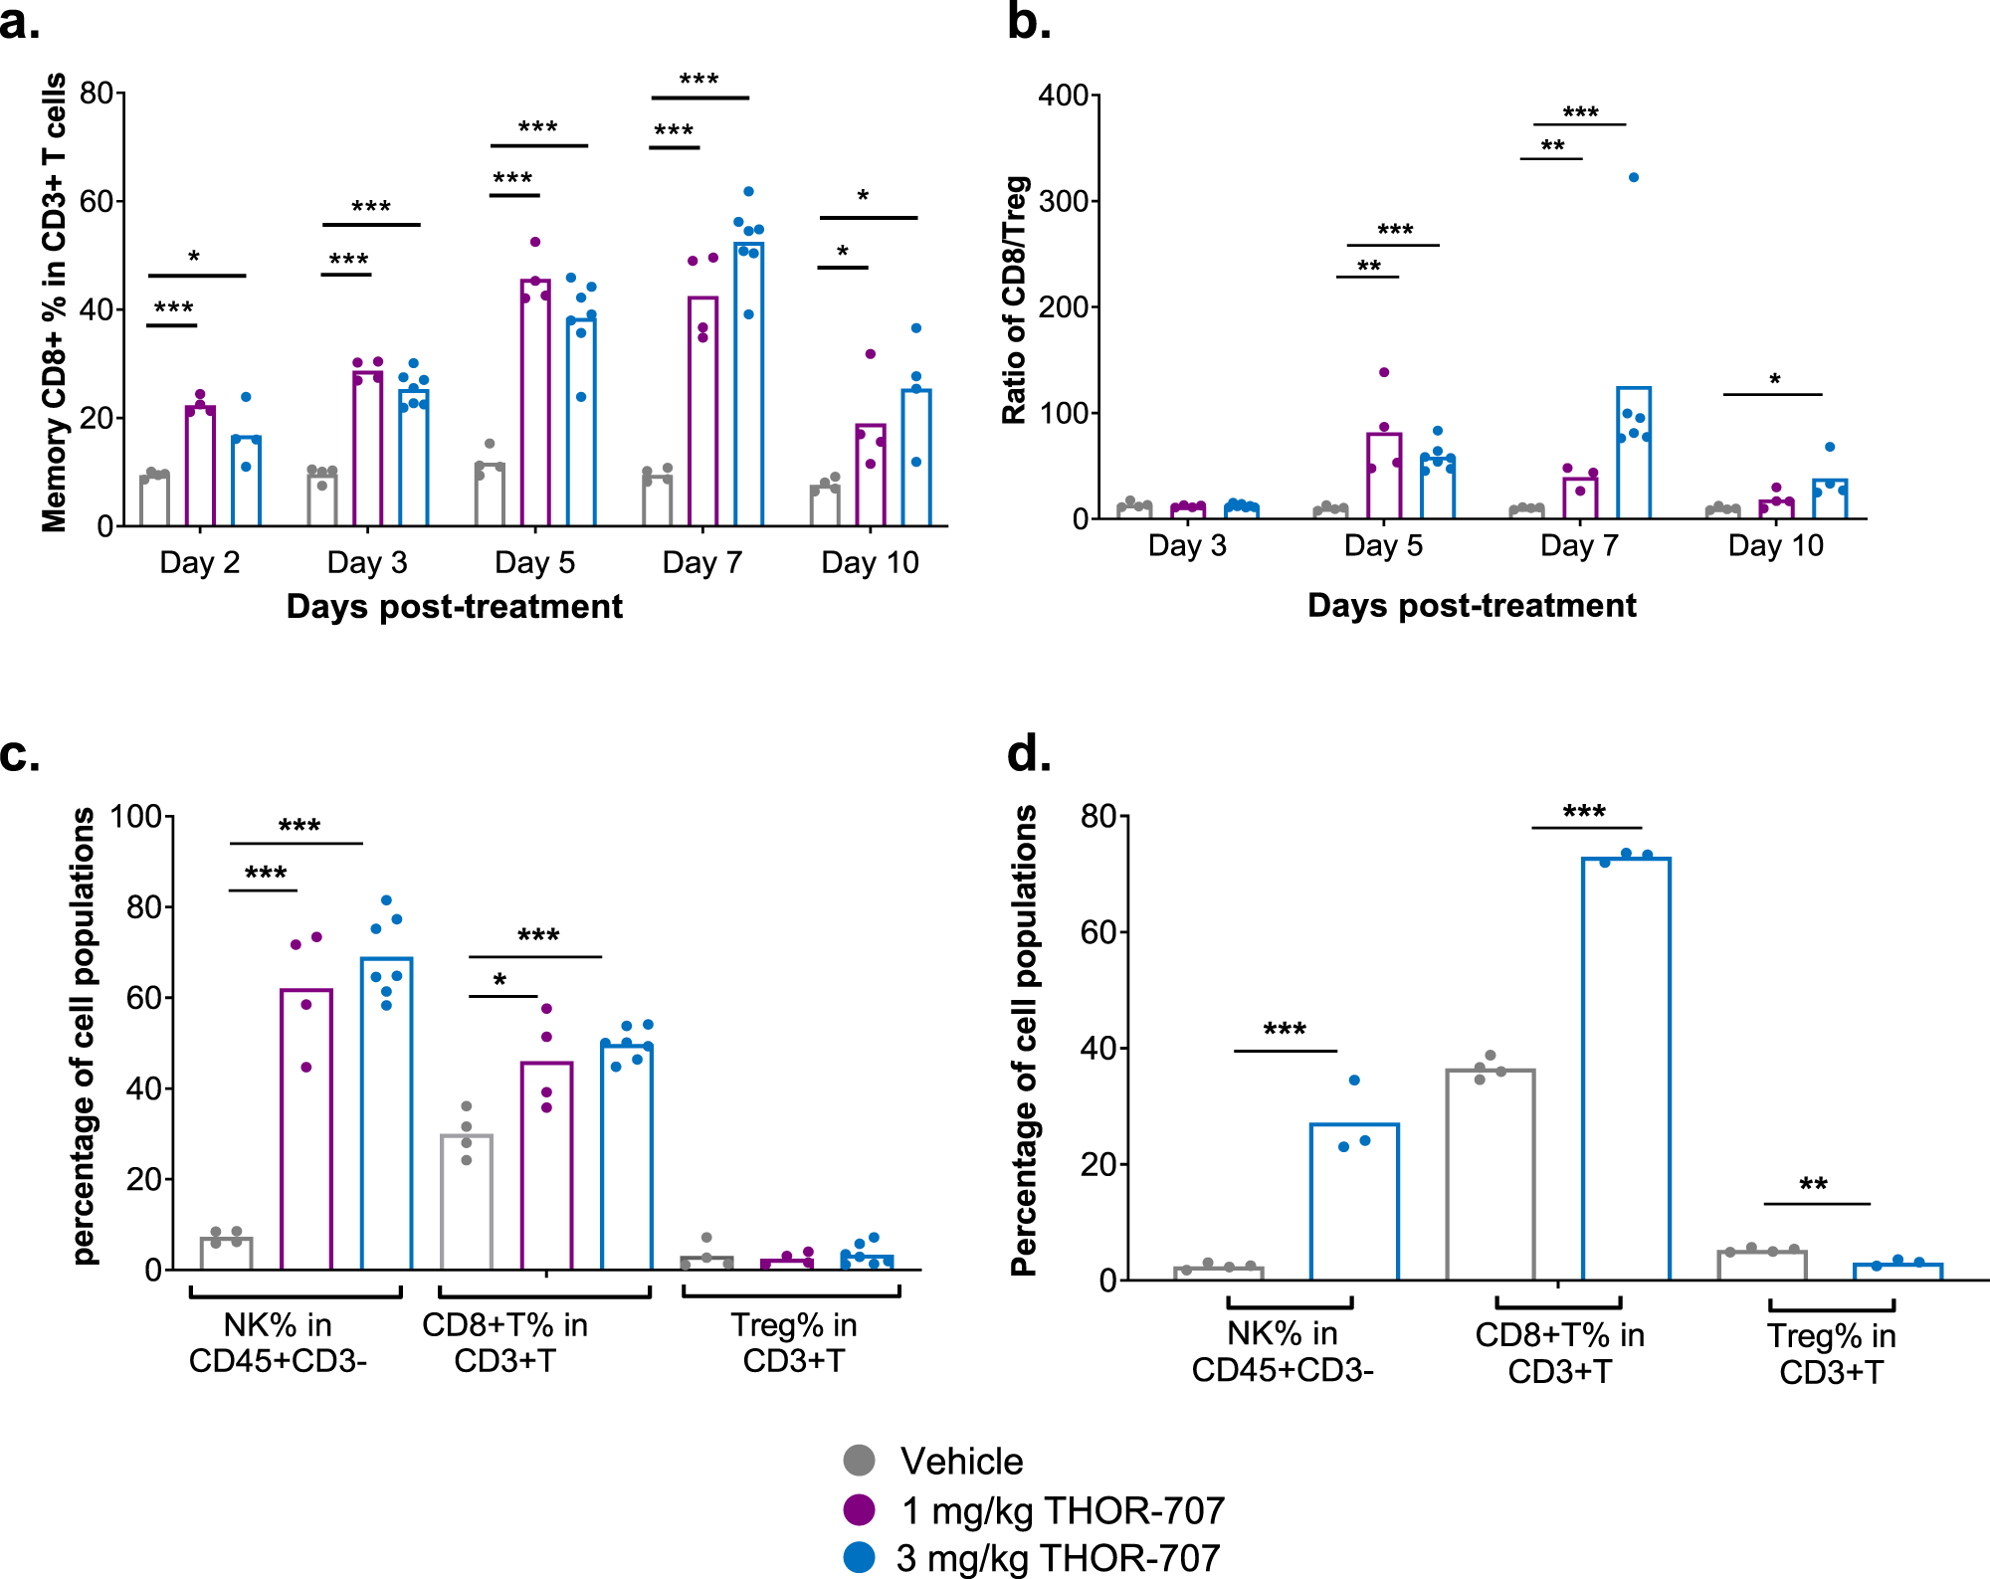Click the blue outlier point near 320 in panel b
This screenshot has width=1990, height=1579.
1633,177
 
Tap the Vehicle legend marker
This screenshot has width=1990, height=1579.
859,1461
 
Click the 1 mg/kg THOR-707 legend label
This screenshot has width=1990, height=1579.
1063,1510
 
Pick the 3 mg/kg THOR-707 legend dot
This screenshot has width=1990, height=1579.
859,1557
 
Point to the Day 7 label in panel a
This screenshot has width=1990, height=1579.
701,562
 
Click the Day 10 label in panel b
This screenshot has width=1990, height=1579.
1775,545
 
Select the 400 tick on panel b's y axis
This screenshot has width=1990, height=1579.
1063,96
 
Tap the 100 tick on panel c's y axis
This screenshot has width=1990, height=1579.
135,817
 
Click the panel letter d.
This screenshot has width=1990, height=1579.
1029,753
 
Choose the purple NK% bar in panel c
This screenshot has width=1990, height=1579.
306,1129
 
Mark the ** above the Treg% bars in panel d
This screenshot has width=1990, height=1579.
1813,1184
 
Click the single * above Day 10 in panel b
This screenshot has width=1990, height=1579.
1774,379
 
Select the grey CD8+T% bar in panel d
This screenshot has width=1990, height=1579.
1490,1174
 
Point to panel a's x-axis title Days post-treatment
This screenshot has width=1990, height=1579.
454,606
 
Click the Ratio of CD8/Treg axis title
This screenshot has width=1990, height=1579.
1014,300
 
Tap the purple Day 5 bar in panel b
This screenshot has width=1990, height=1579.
1384,476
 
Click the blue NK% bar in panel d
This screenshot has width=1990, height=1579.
1354,1201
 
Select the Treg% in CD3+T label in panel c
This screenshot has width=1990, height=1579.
793,1342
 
